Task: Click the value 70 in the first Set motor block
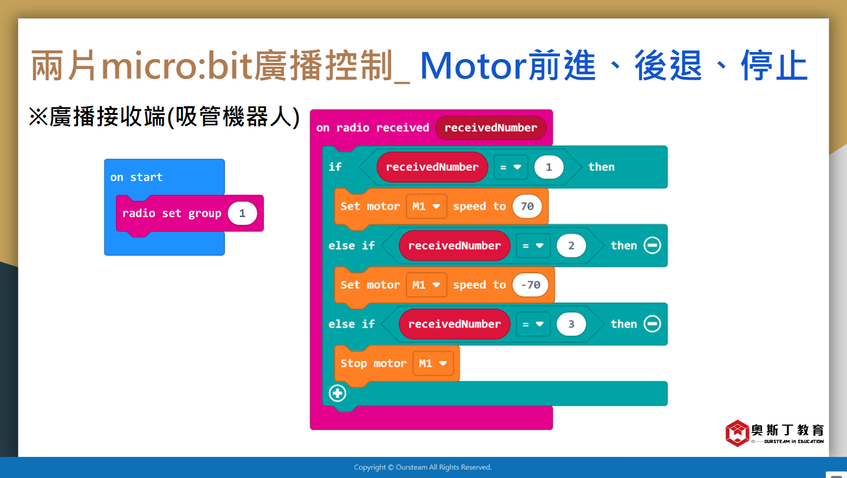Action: pos(527,206)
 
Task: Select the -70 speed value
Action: pos(530,285)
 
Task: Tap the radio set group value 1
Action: pos(242,214)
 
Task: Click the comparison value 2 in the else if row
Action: pos(571,246)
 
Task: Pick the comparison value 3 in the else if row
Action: pos(571,324)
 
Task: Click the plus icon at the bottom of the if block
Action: pos(337,393)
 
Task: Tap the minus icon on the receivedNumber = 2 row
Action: pos(652,245)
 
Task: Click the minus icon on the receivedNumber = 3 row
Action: pos(652,324)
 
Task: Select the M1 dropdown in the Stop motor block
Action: pos(433,364)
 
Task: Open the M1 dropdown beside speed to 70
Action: pos(426,206)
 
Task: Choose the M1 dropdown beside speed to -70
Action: pos(426,285)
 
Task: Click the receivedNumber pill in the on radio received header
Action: pos(491,128)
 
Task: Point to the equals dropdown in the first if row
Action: pos(510,167)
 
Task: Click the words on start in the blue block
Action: pos(136,177)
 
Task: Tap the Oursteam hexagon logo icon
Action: pos(738,434)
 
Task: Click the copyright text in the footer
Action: pos(423,467)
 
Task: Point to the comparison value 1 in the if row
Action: pos(548,167)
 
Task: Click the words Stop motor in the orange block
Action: pos(373,364)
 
